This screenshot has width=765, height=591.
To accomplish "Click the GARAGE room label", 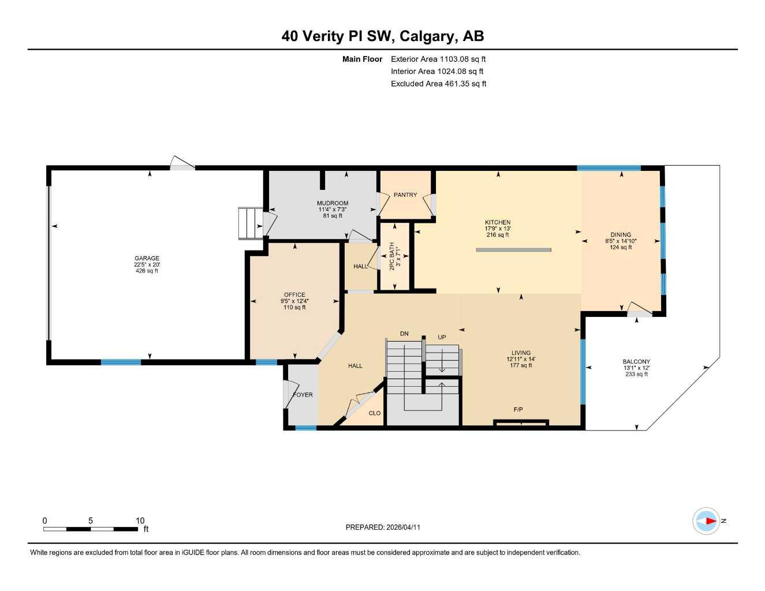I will point(147,258).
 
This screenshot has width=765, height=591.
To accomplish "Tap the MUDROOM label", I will point(333,203).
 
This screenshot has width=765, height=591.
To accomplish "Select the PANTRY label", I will point(405,195).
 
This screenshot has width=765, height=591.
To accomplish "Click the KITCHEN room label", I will point(498,222).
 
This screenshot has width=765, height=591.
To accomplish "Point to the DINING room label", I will point(621,235).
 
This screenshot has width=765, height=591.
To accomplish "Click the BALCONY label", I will point(636,362).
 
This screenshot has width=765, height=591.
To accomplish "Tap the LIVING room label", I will point(521,353).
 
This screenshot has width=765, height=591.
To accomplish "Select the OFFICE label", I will point(294,295).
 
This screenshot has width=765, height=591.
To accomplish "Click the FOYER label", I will point(303,395).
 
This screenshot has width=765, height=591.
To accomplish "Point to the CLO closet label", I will point(375,413).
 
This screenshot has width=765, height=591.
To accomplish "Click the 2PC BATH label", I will point(392,256).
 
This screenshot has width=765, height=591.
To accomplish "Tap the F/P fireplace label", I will point(518,410).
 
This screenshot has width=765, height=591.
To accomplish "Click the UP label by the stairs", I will point(442,338).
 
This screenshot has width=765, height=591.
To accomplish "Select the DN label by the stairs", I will point(404,334).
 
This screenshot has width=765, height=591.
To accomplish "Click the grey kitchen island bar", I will point(513,250).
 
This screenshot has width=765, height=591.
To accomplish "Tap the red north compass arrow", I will point(710,521).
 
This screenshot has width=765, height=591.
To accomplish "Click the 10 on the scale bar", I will point(140,521).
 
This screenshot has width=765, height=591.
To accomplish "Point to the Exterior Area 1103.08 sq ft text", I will point(438,59).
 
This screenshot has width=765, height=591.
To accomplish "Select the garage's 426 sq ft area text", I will point(147,271).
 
